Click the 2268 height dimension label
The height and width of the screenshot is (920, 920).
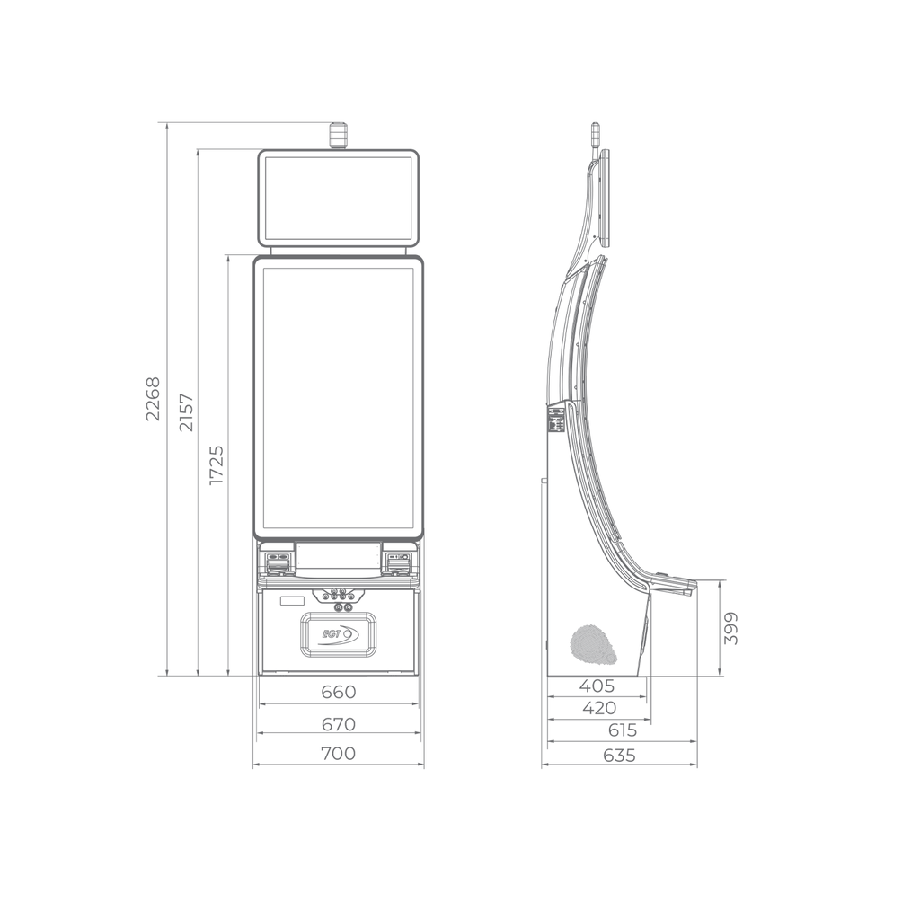(153, 399)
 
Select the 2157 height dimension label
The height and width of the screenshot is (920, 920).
(186, 412)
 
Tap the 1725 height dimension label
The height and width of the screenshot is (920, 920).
(217, 464)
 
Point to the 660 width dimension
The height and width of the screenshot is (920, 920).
(339, 692)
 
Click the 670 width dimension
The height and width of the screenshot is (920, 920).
(339, 724)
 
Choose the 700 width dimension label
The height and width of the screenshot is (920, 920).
(339, 753)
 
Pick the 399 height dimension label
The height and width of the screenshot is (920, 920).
(730, 628)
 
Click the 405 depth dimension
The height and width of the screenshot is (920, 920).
(597, 686)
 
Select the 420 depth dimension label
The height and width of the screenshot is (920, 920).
(599, 708)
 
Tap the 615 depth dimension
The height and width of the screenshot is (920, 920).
(622, 730)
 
